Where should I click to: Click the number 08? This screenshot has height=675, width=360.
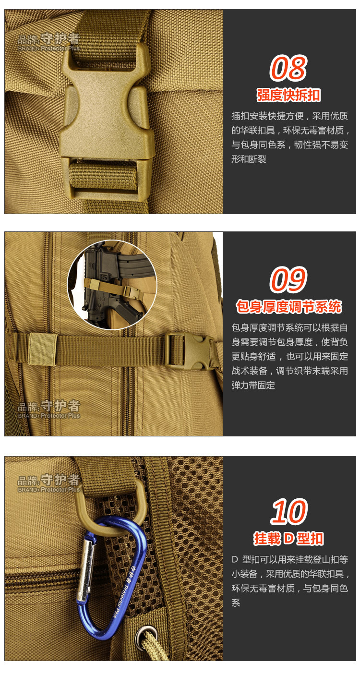click(x=288, y=68)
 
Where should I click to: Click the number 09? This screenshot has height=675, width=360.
click(x=288, y=279)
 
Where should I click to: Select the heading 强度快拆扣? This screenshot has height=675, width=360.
click(x=288, y=96)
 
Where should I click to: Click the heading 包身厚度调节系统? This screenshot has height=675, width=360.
click(x=288, y=306)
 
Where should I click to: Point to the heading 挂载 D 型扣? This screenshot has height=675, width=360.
click(x=288, y=538)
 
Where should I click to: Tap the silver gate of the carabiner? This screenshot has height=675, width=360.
click(x=85, y=569)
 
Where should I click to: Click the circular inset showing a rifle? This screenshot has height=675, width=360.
click(x=112, y=285)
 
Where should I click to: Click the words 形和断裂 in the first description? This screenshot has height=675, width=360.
click(x=249, y=159)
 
